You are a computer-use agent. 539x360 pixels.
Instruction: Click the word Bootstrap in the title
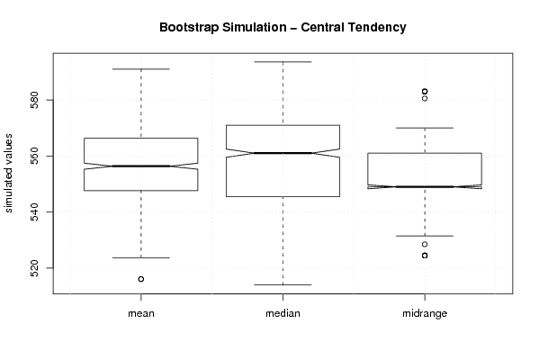tap(189, 28)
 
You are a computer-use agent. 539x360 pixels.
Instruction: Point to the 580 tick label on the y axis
tap(34, 100)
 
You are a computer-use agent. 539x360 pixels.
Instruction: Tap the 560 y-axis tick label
tap(34, 156)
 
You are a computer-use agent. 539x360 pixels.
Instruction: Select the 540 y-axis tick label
tap(34, 211)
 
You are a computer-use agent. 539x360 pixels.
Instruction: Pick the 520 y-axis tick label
tap(34, 268)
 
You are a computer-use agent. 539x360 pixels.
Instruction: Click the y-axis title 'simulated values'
tap(8, 174)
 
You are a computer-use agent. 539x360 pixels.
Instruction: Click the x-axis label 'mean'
tap(141, 313)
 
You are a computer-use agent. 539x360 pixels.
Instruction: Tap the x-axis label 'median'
tap(283, 313)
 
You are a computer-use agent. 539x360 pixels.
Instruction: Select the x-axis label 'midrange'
tap(425, 313)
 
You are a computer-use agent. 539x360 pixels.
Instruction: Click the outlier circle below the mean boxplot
tap(141, 279)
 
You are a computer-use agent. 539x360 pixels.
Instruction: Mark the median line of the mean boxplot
tap(141, 166)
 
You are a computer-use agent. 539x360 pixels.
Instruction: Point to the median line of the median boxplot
tap(283, 153)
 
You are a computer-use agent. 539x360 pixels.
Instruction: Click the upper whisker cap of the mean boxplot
tap(141, 69)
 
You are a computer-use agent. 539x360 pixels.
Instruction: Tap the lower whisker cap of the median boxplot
tap(283, 284)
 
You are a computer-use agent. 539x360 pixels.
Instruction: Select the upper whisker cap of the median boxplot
tap(283, 62)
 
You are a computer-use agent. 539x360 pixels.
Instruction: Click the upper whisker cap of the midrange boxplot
tap(425, 128)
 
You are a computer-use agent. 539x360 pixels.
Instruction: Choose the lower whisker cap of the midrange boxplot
tap(425, 236)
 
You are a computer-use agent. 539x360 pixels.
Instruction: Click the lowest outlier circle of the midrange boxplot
tap(425, 256)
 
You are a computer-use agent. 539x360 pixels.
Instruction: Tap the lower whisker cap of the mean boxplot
tap(141, 258)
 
